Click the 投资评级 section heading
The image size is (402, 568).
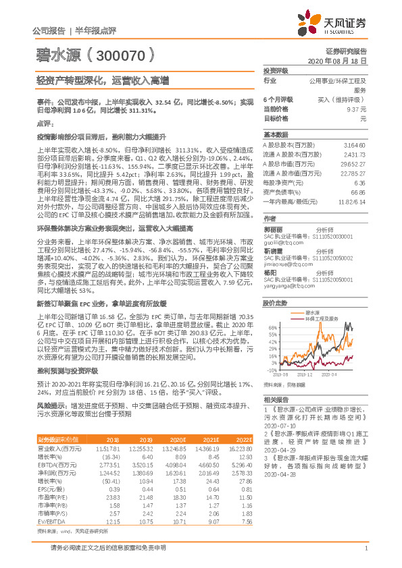point(275,70)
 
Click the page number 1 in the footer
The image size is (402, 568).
point(365,555)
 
